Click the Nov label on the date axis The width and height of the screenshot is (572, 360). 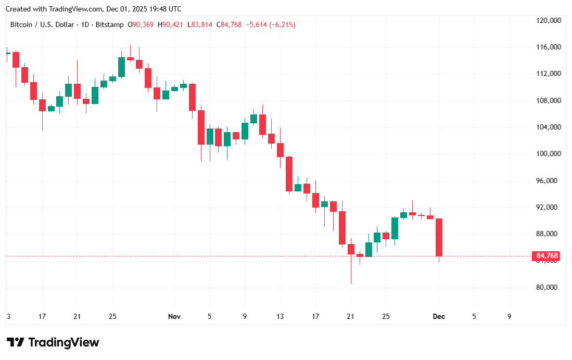click(174, 316)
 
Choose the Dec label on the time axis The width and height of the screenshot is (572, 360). click(439, 316)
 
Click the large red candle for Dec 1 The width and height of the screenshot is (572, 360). click(439, 237)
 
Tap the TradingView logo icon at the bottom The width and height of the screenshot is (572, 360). click(16, 342)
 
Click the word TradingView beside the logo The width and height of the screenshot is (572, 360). click(63, 342)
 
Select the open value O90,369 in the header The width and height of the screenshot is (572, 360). click(143, 24)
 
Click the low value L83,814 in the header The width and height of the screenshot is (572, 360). click(200, 24)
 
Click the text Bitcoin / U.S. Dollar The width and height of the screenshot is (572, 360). click(42, 24)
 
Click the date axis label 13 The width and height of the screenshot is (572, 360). click(280, 316)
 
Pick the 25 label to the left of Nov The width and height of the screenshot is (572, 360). click(112, 316)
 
